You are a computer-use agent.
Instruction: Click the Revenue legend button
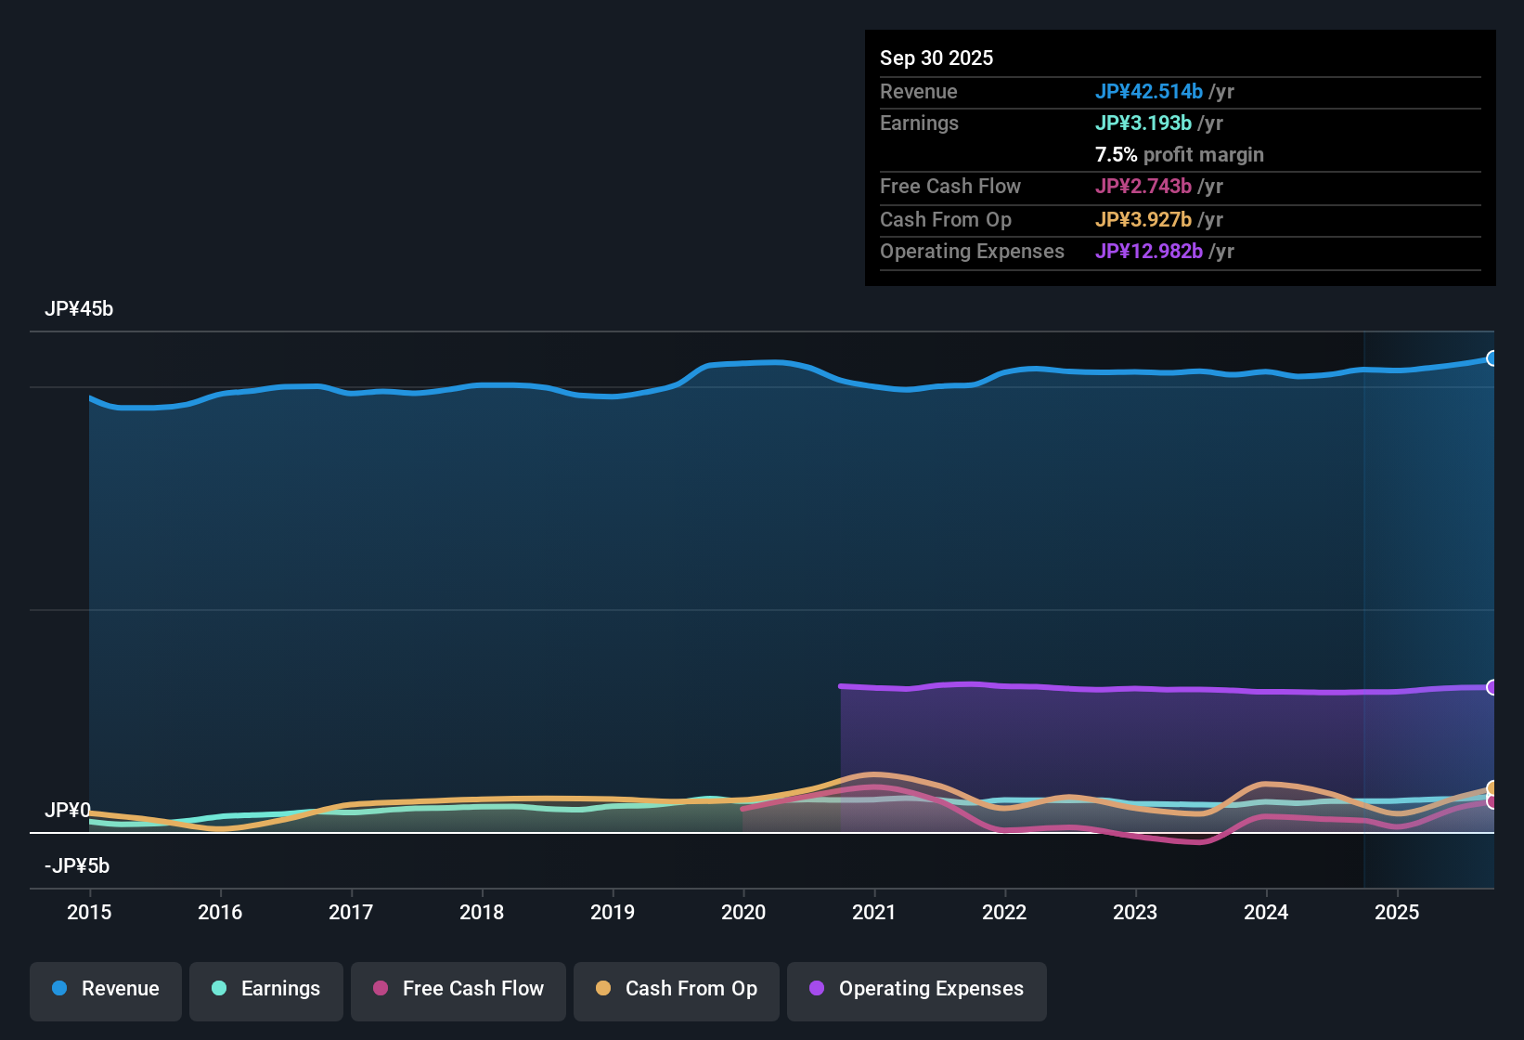click(x=106, y=989)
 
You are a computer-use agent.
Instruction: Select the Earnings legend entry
click(x=266, y=989)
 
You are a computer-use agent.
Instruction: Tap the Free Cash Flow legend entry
click(x=458, y=989)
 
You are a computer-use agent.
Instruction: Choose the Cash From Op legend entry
click(x=677, y=989)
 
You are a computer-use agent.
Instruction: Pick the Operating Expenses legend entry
click(x=917, y=989)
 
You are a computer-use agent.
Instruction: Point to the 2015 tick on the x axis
click(x=89, y=912)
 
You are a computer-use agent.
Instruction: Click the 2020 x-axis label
click(x=743, y=912)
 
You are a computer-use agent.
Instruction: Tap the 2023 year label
click(x=1135, y=912)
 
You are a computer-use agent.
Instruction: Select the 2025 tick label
click(x=1397, y=912)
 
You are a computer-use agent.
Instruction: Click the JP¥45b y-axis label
click(x=79, y=309)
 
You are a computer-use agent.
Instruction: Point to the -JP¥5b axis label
click(x=77, y=866)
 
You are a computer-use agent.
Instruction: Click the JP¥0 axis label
click(x=68, y=811)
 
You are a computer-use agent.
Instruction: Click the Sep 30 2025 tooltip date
click(x=936, y=58)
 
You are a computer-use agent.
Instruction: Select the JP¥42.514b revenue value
click(x=1148, y=91)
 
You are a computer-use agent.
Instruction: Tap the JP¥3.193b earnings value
click(x=1143, y=123)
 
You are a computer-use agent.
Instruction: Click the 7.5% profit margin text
click(x=1179, y=154)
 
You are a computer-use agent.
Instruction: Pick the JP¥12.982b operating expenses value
click(x=1148, y=251)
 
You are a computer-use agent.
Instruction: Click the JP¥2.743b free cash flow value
click(x=1143, y=186)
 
